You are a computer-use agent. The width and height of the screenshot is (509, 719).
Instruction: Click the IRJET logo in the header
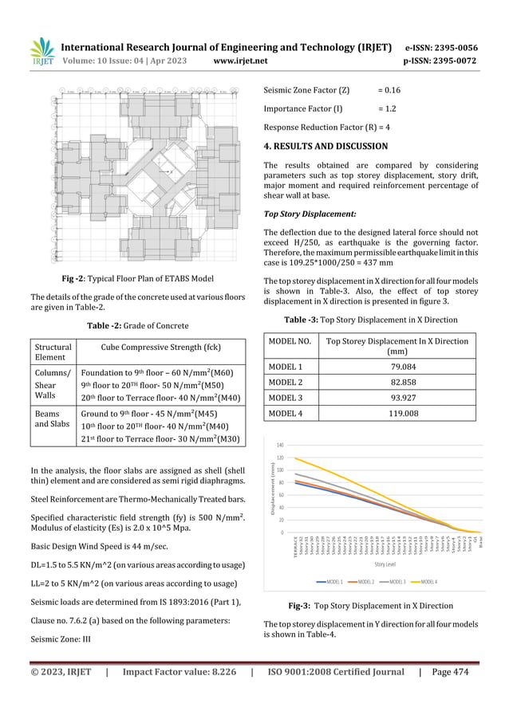point(41,52)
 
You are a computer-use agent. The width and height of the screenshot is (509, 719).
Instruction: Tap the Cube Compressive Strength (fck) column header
point(160,347)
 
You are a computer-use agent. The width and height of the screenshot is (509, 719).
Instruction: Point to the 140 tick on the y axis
point(279,445)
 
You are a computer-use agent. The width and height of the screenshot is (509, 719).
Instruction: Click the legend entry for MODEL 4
point(423,582)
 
